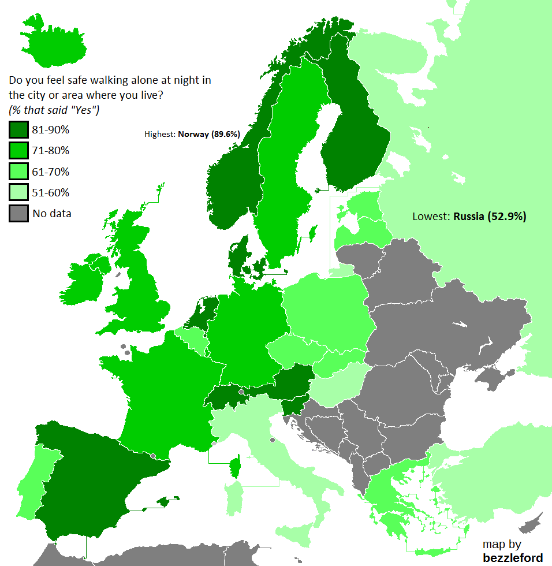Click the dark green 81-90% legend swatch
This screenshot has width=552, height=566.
(x=18, y=129)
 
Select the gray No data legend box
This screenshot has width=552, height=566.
(x=18, y=213)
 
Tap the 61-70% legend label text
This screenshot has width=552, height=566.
(x=51, y=172)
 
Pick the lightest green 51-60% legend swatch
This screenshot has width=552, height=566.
(x=18, y=192)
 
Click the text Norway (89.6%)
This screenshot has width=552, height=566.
(x=208, y=134)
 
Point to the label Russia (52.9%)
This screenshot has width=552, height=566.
(x=490, y=217)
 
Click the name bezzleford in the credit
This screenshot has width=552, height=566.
(x=513, y=557)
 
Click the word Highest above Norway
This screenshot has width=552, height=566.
(x=159, y=135)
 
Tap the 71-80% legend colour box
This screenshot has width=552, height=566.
(x=18, y=151)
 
